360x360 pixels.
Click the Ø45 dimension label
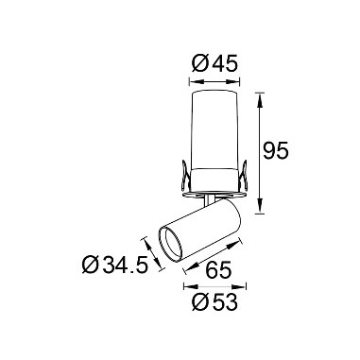(x=214, y=64)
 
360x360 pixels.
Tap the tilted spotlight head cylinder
(x=203, y=231)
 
